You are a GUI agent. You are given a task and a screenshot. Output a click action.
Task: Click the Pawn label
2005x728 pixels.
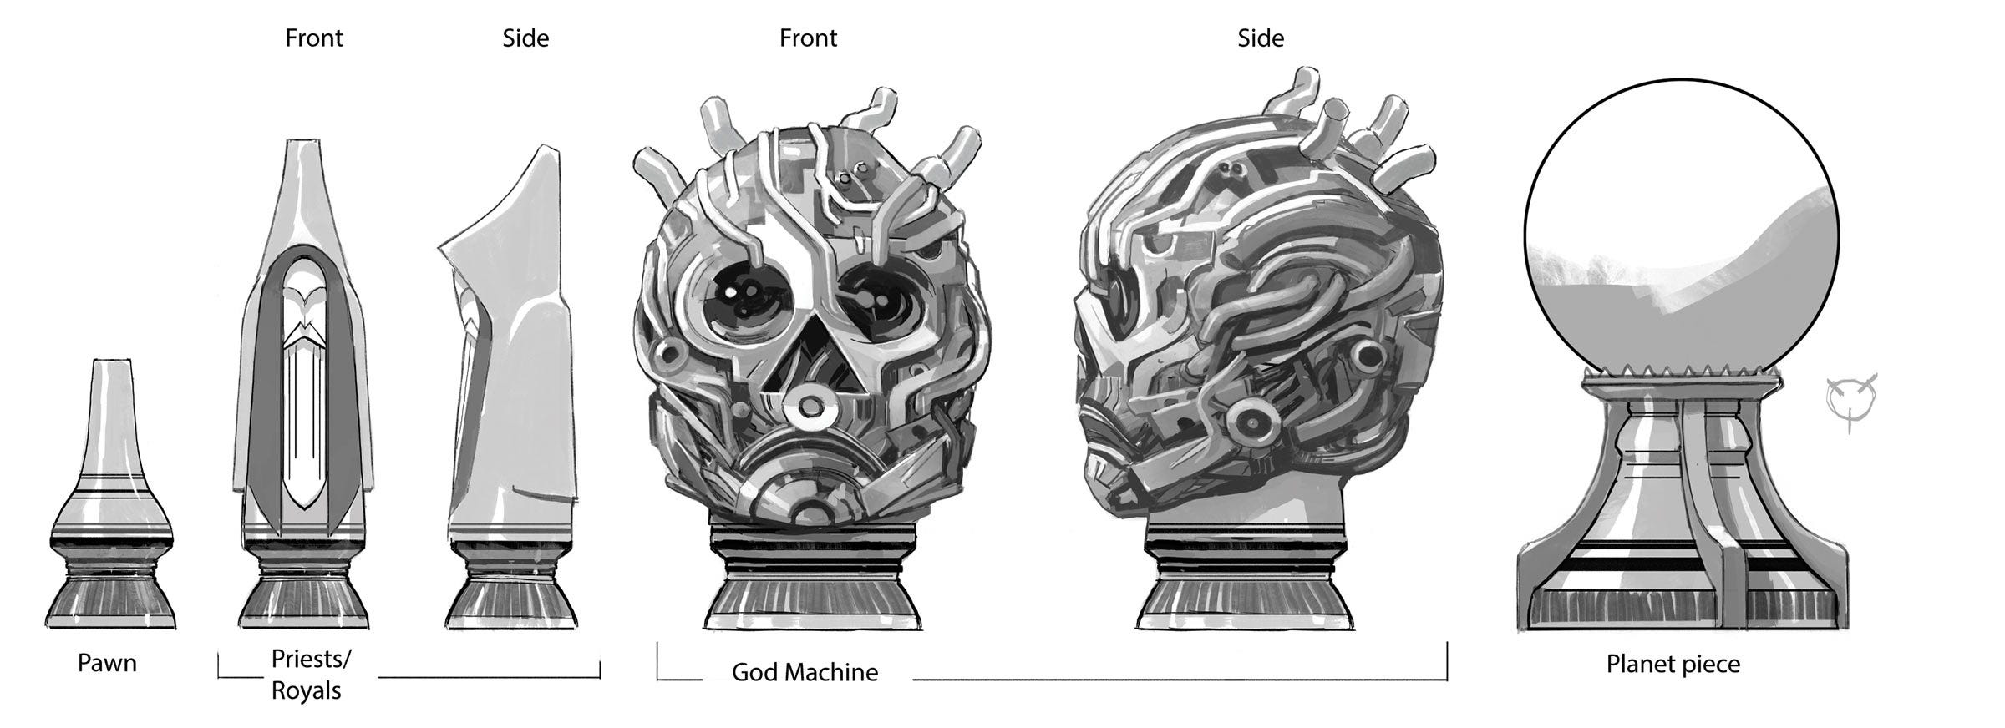coord(107,664)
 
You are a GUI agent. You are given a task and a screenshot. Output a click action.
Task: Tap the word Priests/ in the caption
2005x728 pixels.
coord(311,660)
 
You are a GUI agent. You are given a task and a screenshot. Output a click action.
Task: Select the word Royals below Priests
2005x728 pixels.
coord(307,691)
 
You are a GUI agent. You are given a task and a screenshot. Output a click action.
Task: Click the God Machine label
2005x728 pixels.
coord(805,673)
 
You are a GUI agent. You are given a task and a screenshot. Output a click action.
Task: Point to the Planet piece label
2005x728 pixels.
coord(1673,665)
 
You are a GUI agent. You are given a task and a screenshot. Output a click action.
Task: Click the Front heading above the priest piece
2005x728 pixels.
coord(314,38)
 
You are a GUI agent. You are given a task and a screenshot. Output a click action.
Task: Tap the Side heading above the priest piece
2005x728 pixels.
coord(525,38)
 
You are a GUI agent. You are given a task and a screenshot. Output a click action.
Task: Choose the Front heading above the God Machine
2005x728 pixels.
coord(808,38)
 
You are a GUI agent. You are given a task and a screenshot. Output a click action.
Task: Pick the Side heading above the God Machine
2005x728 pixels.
coord(1261,38)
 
